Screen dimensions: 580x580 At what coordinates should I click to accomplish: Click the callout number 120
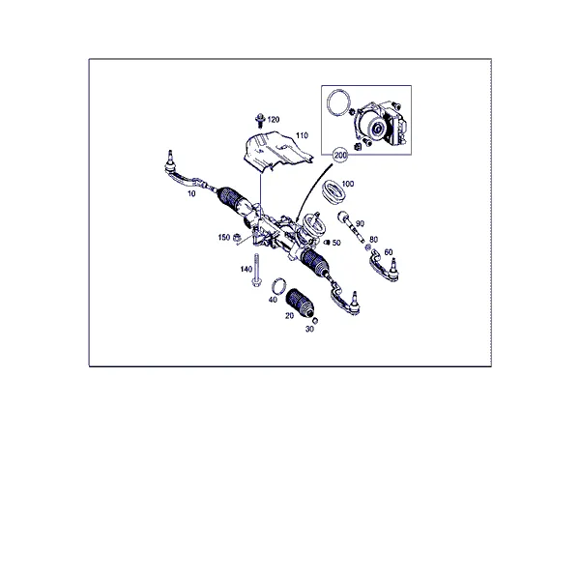click(274, 120)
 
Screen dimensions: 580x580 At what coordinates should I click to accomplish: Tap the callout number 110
click(302, 135)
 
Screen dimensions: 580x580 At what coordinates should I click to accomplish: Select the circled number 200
click(340, 155)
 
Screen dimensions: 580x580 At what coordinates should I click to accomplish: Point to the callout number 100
click(348, 184)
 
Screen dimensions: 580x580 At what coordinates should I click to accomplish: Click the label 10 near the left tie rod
click(191, 193)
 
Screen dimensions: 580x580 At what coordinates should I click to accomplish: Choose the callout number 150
click(224, 237)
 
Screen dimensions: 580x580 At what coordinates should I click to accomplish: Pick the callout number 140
click(246, 270)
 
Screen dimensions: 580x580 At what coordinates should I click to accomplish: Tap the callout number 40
click(273, 300)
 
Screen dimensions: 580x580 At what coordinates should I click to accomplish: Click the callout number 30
click(309, 329)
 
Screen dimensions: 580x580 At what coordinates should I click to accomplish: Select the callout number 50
click(336, 243)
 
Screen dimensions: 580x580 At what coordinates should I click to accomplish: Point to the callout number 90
click(360, 224)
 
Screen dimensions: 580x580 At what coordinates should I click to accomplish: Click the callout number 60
click(388, 252)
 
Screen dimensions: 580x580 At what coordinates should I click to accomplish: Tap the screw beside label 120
click(260, 120)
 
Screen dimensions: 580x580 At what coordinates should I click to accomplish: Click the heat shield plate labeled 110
click(276, 150)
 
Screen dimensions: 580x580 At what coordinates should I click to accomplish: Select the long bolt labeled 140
click(256, 270)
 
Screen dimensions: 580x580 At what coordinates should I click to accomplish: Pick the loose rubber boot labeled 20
click(299, 303)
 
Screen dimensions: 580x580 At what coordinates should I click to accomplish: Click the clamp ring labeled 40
click(279, 286)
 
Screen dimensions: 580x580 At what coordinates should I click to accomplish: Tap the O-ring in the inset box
click(338, 101)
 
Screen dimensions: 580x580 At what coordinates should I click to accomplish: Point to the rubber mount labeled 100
click(333, 191)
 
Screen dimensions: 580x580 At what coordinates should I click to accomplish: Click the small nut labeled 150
click(238, 237)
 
